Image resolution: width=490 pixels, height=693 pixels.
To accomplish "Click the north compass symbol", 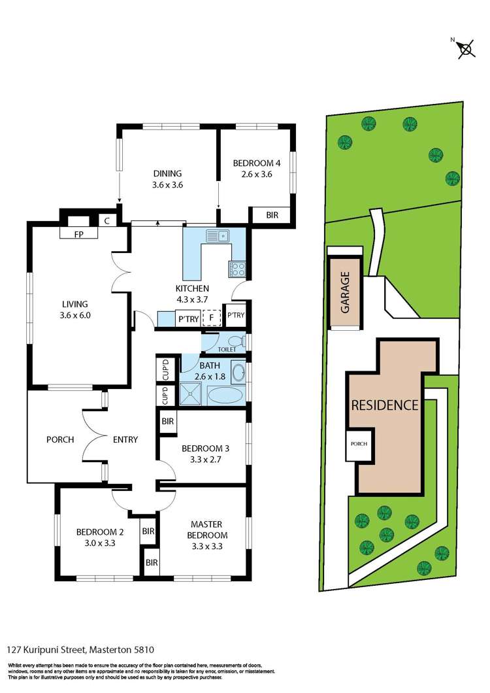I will (465, 48).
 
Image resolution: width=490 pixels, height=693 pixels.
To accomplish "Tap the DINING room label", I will (167, 173).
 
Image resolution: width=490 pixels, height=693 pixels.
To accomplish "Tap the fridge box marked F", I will (211, 318).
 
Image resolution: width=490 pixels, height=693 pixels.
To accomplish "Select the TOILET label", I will (227, 350).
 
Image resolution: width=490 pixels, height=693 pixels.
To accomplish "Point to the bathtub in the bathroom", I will (225, 394).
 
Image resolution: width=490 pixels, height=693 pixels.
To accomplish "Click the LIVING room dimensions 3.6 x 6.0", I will (74, 315).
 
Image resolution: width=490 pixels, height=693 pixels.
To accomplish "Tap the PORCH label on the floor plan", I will (60, 439).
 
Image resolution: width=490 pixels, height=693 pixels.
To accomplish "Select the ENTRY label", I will (125, 439).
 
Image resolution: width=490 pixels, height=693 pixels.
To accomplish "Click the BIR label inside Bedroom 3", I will (167, 422).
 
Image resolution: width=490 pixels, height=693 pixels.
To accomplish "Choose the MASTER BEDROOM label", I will (206, 530).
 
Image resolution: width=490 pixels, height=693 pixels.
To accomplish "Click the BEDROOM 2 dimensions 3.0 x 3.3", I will (95, 542).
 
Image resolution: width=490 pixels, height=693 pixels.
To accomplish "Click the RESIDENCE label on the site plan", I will (384, 405).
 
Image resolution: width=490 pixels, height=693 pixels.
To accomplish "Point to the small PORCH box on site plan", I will (359, 444).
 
